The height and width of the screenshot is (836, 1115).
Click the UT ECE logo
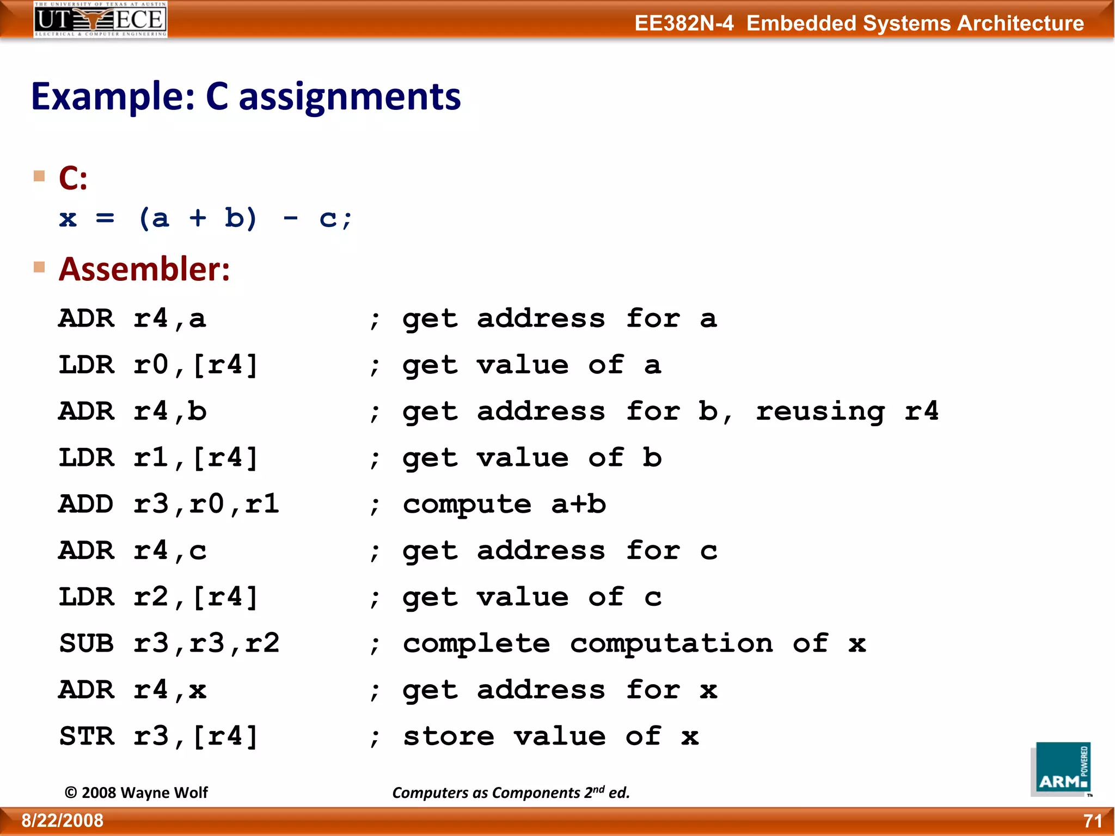click(x=100, y=20)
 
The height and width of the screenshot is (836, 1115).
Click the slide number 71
click(x=1092, y=821)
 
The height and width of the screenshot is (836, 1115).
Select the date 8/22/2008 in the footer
click(x=63, y=821)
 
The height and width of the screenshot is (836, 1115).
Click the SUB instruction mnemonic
click(x=87, y=643)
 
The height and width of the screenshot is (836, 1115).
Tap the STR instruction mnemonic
click(x=87, y=736)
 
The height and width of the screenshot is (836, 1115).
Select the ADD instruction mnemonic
click(x=87, y=504)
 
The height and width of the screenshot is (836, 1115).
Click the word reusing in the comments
click(x=820, y=412)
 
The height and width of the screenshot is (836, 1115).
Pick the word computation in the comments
click(x=671, y=643)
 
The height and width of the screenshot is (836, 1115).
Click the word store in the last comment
click(x=449, y=736)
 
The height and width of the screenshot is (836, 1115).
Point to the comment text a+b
click(x=578, y=504)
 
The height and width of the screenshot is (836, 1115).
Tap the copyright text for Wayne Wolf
click(x=136, y=792)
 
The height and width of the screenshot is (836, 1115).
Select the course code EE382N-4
click(x=684, y=23)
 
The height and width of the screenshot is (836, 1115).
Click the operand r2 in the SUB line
click(x=262, y=643)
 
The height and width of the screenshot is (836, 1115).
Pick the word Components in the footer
click(x=535, y=793)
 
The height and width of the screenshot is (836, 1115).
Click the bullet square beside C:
click(x=39, y=176)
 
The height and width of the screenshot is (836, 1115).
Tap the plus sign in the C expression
click(x=198, y=219)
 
